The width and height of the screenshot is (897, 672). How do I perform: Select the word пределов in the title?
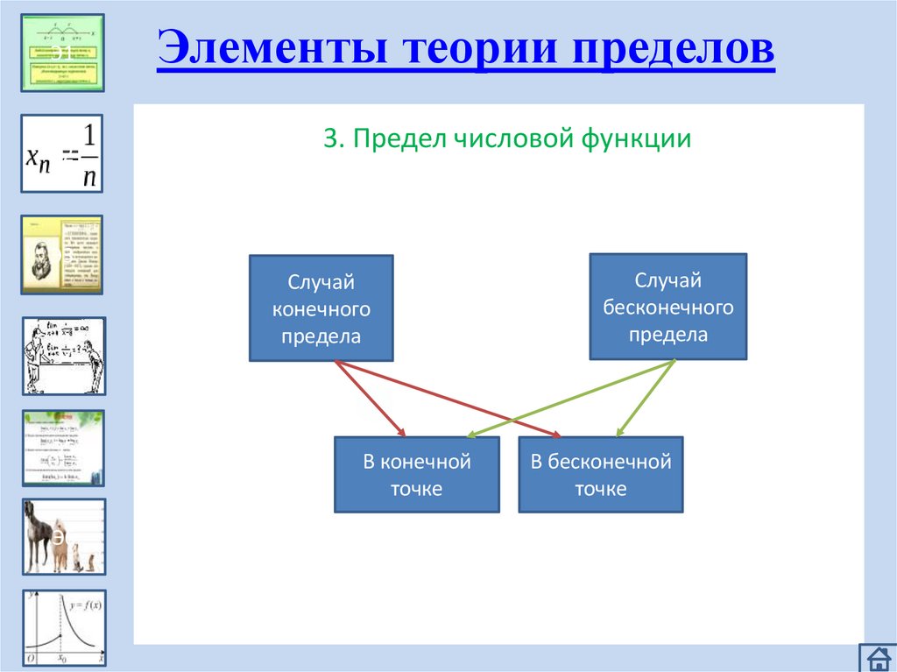coord(674,49)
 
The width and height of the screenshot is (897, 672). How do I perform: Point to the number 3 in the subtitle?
coord(329,139)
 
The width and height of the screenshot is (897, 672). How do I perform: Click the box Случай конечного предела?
coord(321,308)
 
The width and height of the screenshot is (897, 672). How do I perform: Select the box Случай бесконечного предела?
coord(667,307)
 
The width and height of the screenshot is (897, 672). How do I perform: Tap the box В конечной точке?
coord(416,475)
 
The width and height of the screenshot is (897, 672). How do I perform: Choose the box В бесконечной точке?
coord(600,475)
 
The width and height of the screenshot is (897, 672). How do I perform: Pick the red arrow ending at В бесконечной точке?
coord(447,399)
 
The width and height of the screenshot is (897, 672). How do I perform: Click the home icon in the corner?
coord(875,658)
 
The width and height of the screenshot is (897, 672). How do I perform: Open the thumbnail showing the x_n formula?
coord(62,152)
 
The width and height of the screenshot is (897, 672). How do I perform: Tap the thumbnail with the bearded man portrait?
coord(62,254)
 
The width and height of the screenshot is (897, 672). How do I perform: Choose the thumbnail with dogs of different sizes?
coord(62,536)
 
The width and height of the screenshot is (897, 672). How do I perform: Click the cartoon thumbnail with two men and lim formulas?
coord(62,356)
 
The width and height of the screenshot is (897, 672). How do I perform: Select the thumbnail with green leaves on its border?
coord(62,447)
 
